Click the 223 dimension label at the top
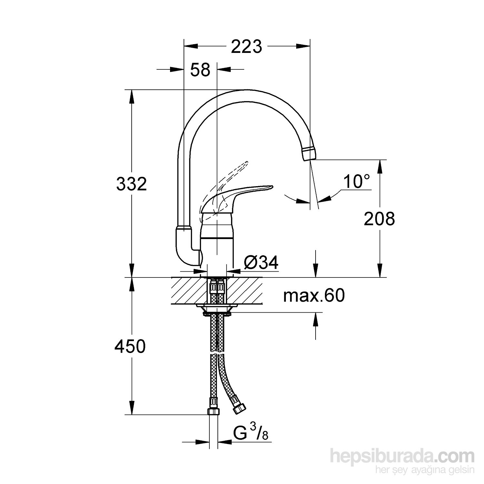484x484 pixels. tap(246, 47)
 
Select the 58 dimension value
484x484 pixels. tap(200, 69)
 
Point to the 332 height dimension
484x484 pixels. tap(131, 184)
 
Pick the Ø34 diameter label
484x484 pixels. tap(261, 263)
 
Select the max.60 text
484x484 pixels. tap(314, 296)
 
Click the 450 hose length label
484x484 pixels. tap(130, 347)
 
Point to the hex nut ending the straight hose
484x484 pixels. tap(214, 412)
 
